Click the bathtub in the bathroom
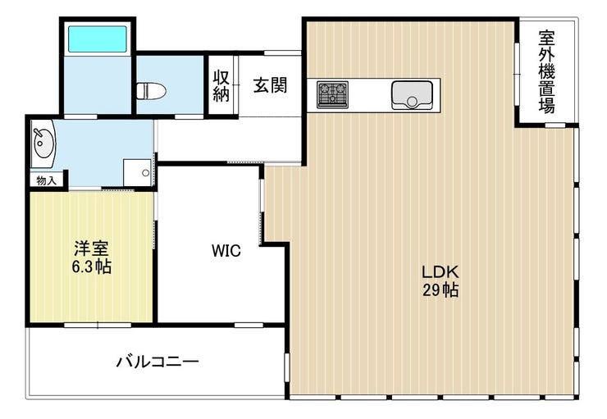click(x=98, y=39)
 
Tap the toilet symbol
click(x=152, y=92)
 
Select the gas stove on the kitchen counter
click(x=332, y=94)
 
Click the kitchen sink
click(x=412, y=95)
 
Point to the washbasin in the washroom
click(x=43, y=143)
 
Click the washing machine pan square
click(x=138, y=172)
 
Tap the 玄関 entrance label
click(x=270, y=85)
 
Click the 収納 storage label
click(x=221, y=86)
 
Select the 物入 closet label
click(x=47, y=180)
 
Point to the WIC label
click(x=226, y=251)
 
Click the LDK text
click(x=440, y=272)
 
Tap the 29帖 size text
click(x=440, y=289)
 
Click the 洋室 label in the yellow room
click(x=91, y=248)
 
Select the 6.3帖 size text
click(x=92, y=266)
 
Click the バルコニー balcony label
click(x=157, y=362)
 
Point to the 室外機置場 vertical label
click(x=546, y=72)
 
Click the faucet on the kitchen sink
click(x=412, y=102)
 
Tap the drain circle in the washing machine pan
click(x=145, y=173)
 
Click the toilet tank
click(x=141, y=92)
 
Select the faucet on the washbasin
click(x=38, y=134)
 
